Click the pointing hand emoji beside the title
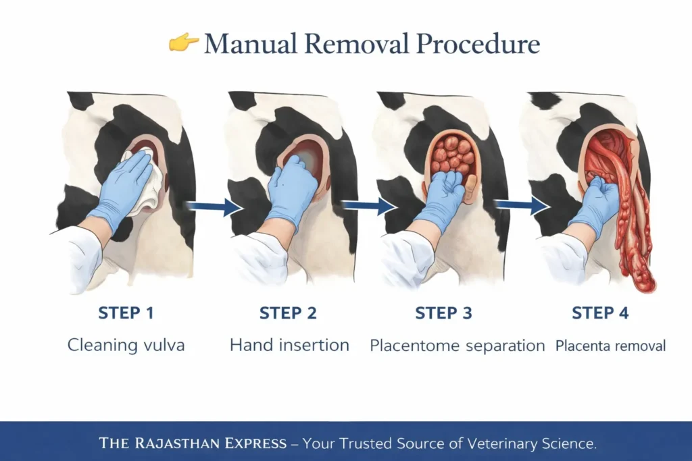pyautogui.click(x=183, y=43)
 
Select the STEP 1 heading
pyautogui.click(x=126, y=313)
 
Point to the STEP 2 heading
pyautogui.click(x=289, y=313)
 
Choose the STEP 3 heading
pyautogui.click(x=444, y=313)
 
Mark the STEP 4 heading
pyautogui.click(x=600, y=313)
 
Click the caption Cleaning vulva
pyautogui.click(x=126, y=346)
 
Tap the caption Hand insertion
pyautogui.click(x=289, y=346)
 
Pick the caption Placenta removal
pyautogui.click(x=610, y=346)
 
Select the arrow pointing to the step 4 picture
pyautogui.click(x=521, y=205)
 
